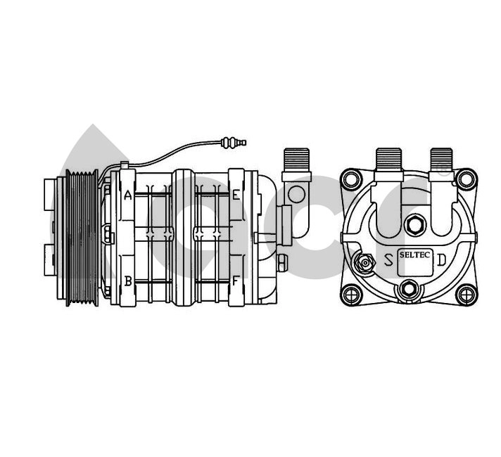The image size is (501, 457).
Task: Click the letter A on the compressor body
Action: coord(128,195)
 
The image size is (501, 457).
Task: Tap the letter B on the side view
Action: coord(128,281)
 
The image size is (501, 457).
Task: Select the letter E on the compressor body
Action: coord(236,195)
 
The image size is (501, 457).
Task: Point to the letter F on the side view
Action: coord(236,281)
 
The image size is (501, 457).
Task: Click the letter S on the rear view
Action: coord(388,260)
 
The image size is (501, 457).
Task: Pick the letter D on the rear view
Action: coord(441,260)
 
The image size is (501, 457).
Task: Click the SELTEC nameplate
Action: coord(414,262)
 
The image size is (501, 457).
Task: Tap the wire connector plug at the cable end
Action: coord(234,143)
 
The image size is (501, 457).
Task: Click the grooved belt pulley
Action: coord(82,238)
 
